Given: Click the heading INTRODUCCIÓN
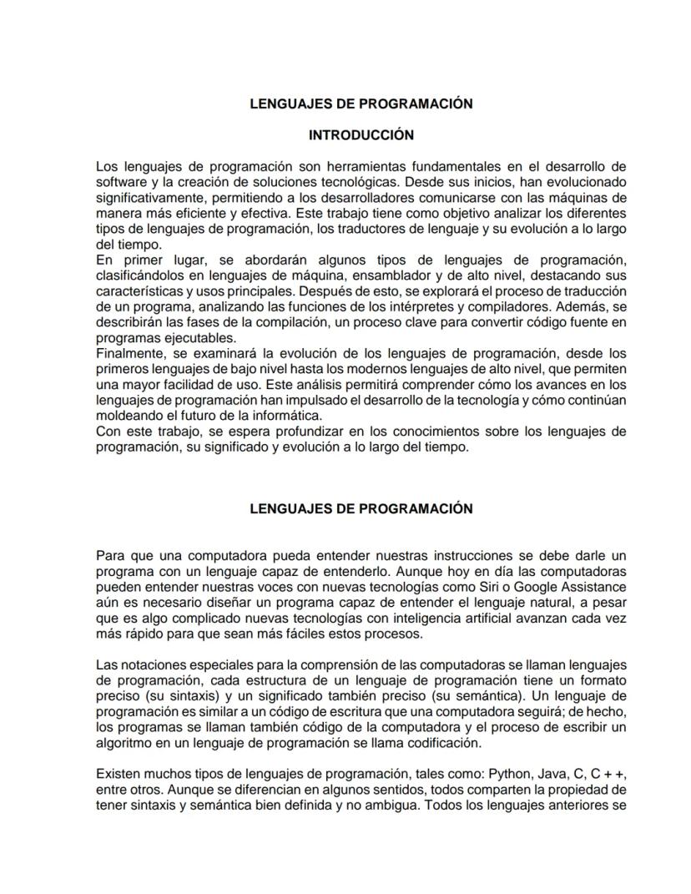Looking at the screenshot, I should point(361,134).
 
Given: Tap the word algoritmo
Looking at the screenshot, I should point(124,742).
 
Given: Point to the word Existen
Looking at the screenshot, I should point(119,774).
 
